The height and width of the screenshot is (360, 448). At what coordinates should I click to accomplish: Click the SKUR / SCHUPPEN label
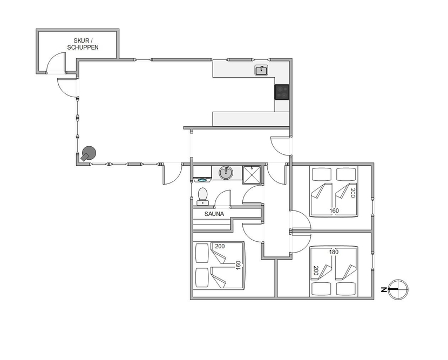pyautogui.click(x=83, y=44)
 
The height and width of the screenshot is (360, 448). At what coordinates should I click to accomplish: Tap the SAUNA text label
pyautogui.click(x=214, y=214)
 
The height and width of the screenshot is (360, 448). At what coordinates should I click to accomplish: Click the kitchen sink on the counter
pyautogui.click(x=261, y=70)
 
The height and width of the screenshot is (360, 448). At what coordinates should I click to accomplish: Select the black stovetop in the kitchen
pyautogui.click(x=281, y=92)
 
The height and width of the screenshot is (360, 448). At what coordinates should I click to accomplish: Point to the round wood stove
pyautogui.click(x=89, y=154)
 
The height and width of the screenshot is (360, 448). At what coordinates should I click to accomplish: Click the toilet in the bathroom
pyautogui.click(x=203, y=196)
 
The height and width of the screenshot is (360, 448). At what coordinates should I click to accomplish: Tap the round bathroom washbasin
pyautogui.click(x=226, y=173)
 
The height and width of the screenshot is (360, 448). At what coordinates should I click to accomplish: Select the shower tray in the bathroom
pyautogui.click(x=252, y=175)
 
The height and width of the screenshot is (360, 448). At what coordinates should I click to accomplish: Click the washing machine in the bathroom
pyautogui.click(x=202, y=174)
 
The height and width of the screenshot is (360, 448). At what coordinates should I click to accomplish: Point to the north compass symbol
pyautogui.click(x=398, y=289)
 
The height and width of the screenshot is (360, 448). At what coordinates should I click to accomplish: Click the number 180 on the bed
pyautogui.click(x=334, y=252)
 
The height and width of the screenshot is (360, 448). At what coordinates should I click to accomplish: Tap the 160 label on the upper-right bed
pyautogui.click(x=334, y=210)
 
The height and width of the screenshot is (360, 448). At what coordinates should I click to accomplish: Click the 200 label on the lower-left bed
pyautogui.click(x=220, y=246)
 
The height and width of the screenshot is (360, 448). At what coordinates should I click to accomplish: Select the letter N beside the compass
pyautogui.click(x=384, y=290)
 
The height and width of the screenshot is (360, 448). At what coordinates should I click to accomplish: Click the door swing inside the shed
pyautogui.click(x=56, y=62)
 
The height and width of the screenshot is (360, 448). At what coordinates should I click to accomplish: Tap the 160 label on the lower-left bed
pyautogui.click(x=238, y=265)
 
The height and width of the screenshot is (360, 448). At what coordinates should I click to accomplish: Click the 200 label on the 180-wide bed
pyautogui.click(x=316, y=270)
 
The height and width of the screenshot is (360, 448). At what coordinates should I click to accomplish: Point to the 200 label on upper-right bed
pyautogui.click(x=352, y=193)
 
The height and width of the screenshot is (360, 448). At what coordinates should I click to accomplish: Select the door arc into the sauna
pyautogui.click(x=222, y=198)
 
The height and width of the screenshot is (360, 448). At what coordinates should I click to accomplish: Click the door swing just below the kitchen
pyautogui.click(x=281, y=146)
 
